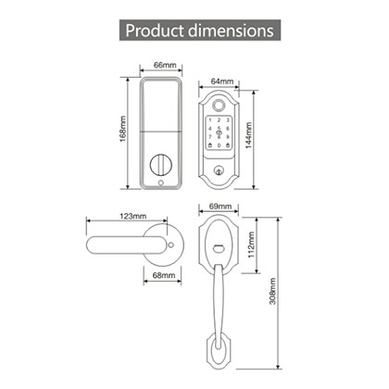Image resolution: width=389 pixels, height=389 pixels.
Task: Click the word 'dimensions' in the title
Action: pos(232,30)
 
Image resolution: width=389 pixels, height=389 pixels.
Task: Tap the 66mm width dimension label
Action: pos(164,66)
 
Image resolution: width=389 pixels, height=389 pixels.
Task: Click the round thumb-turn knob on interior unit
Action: pos(164,164)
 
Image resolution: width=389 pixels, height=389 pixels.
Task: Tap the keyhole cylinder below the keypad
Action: pos(219,171)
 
